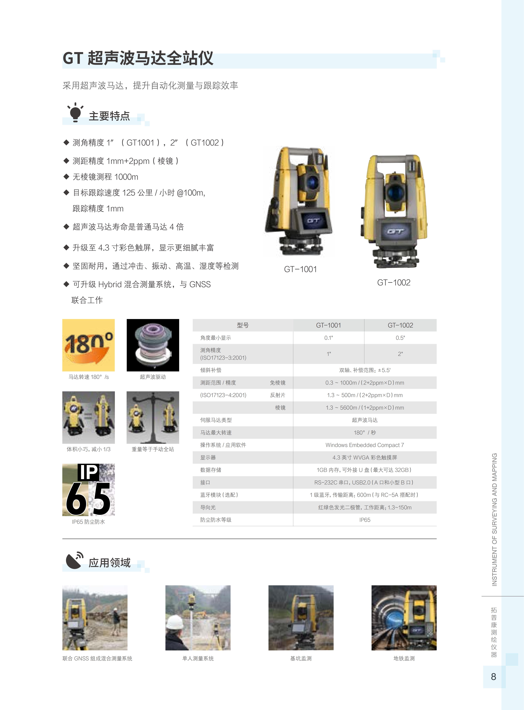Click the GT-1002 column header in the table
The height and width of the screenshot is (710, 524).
[400, 325]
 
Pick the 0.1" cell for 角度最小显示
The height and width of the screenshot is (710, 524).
[329, 338]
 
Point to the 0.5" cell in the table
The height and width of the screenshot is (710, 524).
[400, 338]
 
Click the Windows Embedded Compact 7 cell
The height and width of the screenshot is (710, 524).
[365, 445]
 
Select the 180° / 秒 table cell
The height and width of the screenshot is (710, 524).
[365, 433]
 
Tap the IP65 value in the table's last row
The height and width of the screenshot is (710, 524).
[365, 520]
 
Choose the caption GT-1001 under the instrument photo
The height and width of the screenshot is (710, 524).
[300, 269]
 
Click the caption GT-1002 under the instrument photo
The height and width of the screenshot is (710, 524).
[394, 283]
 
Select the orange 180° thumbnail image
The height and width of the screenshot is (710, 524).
[88, 345]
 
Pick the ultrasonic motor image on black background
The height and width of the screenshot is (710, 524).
[153, 345]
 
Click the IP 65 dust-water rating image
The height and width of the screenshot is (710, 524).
[88, 490]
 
